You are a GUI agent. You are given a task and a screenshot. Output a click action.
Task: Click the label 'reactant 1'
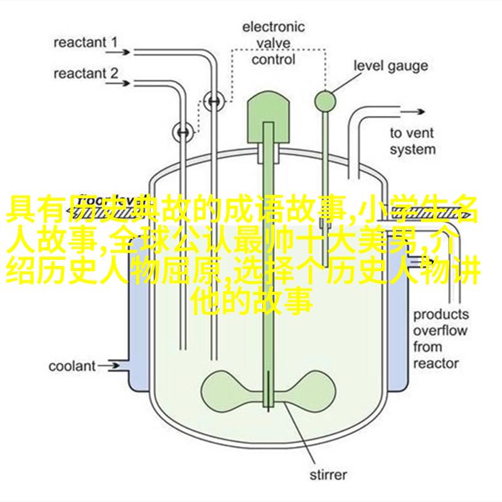(x=85, y=42)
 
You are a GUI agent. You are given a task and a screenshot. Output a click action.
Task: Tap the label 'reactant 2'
(x=86, y=73)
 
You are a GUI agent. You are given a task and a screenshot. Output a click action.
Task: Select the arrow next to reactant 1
(x=118, y=52)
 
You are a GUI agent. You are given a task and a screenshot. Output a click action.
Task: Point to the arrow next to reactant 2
(x=118, y=83)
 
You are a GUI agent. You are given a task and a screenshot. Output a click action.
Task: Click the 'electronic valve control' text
(x=273, y=43)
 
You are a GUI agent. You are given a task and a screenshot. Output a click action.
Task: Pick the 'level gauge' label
(x=390, y=66)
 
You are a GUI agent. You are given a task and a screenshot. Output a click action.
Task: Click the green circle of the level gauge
(x=325, y=101)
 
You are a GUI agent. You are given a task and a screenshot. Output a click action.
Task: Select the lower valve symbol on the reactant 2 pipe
(x=183, y=132)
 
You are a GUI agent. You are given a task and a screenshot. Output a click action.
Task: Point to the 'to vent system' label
(x=413, y=141)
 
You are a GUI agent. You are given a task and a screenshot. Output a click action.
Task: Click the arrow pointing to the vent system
(x=412, y=112)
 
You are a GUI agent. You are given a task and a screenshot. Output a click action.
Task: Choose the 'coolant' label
(x=72, y=366)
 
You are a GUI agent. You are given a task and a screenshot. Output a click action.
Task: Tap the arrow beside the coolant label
(x=108, y=366)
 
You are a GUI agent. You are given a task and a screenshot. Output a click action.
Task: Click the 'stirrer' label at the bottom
(x=328, y=474)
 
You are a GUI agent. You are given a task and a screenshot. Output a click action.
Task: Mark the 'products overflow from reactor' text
(x=441, y=339)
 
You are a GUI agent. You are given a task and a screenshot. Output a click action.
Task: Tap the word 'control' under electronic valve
(x=273, y=60)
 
